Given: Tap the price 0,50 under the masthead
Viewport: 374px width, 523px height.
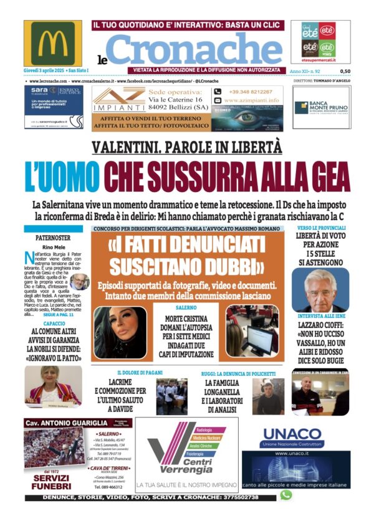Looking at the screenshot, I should point(345,72).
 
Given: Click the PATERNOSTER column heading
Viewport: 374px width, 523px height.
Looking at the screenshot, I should point(53,238).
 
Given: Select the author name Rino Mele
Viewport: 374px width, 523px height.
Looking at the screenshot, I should point(53,247).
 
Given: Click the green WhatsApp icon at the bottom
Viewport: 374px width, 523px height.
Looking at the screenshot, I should point(286,495).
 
